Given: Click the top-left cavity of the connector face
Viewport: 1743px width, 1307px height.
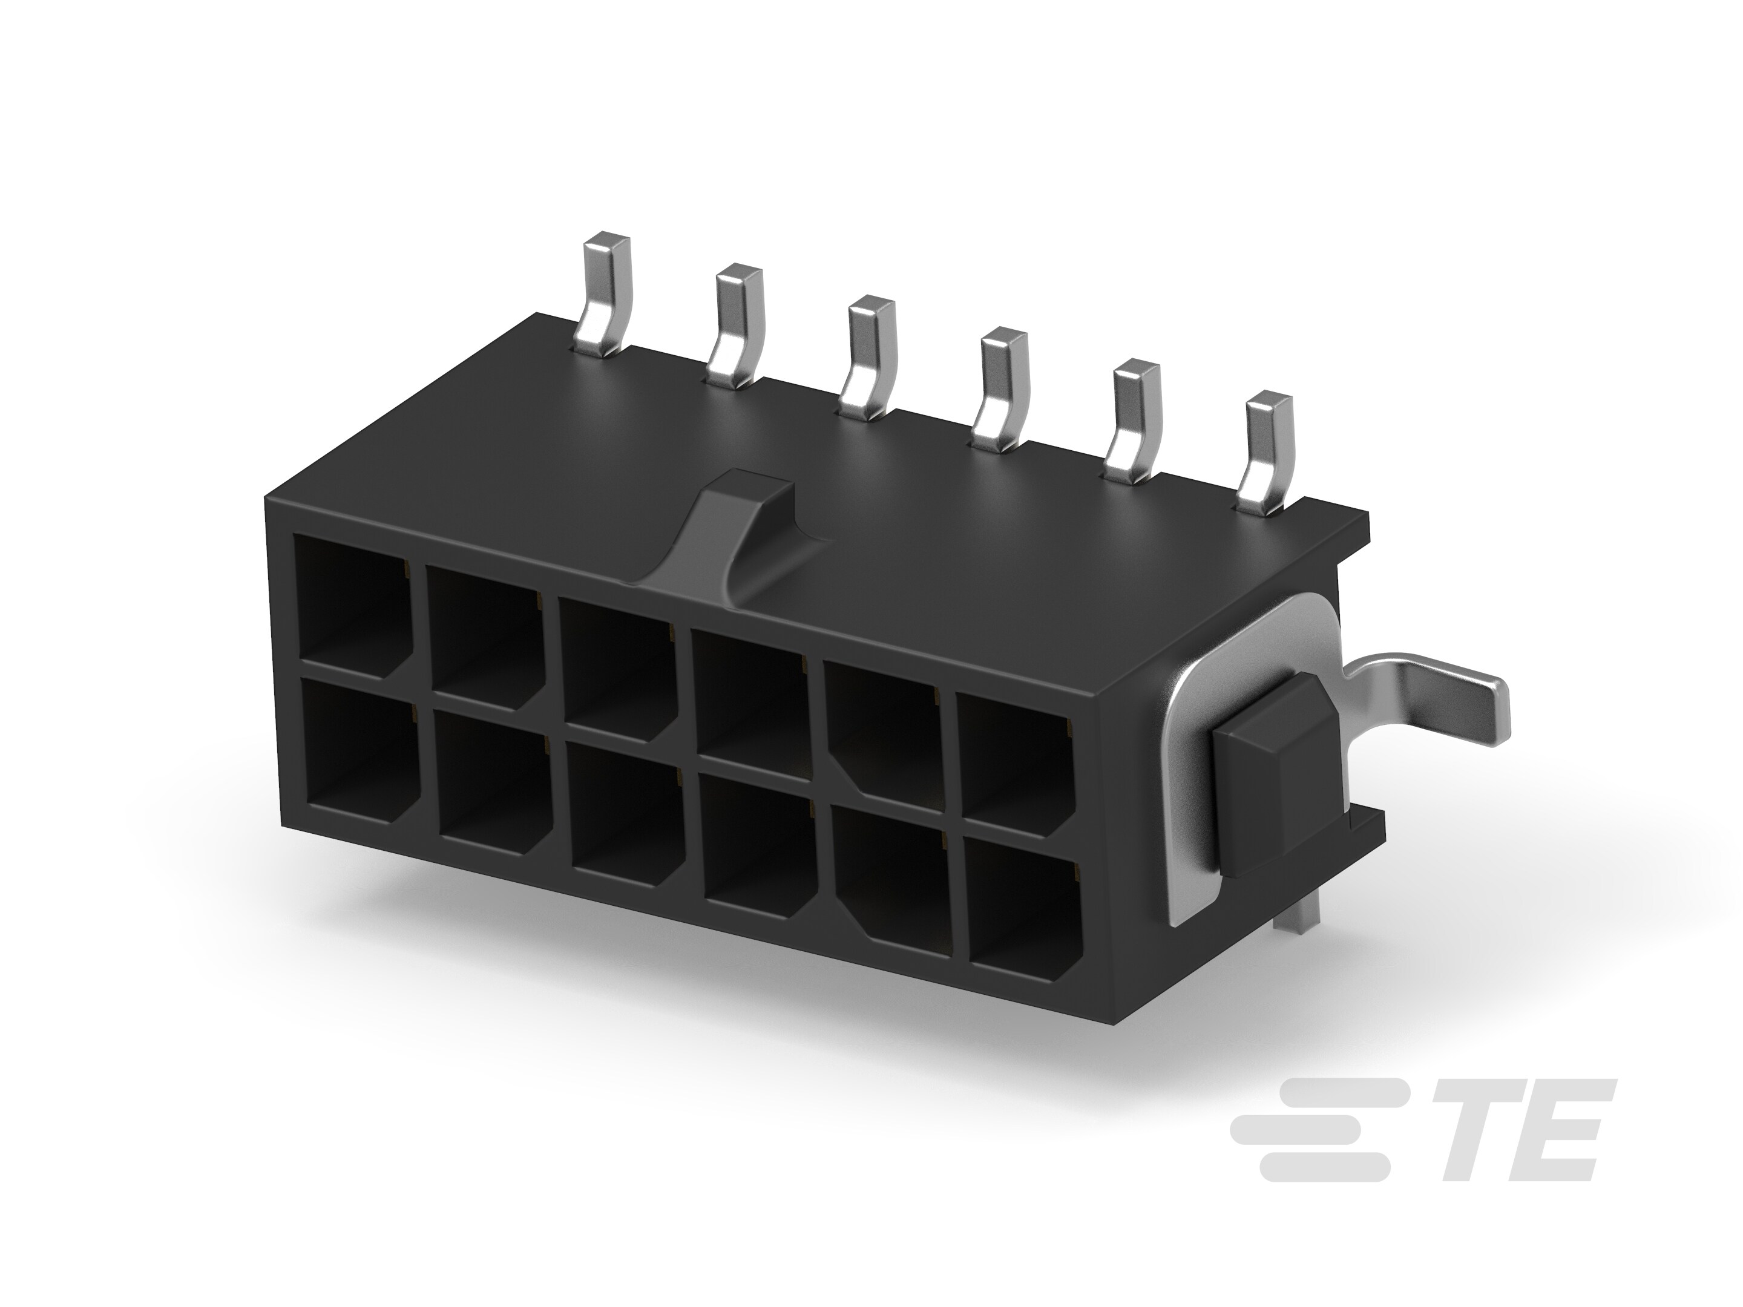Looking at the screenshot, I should click(352, 603).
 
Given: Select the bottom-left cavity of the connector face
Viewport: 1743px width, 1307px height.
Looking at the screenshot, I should click(358, 752).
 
